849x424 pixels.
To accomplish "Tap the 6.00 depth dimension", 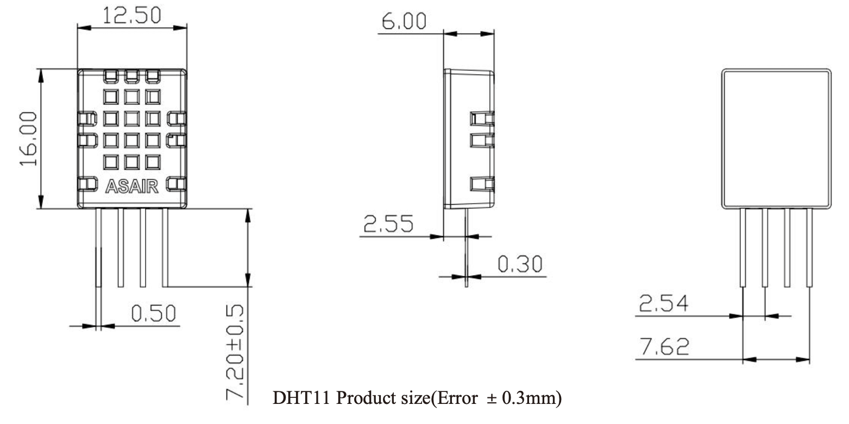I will [x=404, y=22].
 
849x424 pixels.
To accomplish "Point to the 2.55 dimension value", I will [x=388, y=224].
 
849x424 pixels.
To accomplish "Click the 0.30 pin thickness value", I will [x=520, y=264].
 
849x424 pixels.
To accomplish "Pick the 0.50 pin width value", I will [x=154, y=313].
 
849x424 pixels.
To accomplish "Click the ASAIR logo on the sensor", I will [x=132, y=187].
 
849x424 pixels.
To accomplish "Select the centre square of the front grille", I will [x=132, y=118].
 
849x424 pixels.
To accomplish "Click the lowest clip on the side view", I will [x=482, y=185].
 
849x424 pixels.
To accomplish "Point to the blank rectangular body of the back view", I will [x=776, y=138].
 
